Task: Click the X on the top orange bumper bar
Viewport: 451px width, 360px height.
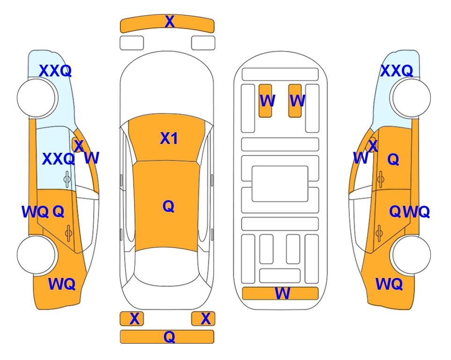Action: pos(170,22)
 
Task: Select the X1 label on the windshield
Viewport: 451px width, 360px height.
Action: pos(169,138)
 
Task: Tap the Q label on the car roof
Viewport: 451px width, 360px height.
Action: pos(169,206)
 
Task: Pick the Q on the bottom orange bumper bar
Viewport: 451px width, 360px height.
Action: pos(169,337)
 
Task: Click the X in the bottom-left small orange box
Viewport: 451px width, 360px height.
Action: pos(134,319)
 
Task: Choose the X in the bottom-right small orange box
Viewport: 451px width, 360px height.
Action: pos(206,319)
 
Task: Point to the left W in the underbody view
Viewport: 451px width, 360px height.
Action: pos(267,101)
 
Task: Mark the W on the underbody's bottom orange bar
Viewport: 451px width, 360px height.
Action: pos(282,293)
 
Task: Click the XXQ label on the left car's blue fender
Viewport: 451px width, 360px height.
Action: pos(55,71)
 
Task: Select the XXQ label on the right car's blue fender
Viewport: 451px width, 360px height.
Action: pos(397,71)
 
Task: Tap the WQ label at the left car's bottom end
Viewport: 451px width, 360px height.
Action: pos(62,284)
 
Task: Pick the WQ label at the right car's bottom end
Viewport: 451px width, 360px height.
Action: pos(389,284)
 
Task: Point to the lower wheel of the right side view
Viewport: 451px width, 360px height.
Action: pos(412,255)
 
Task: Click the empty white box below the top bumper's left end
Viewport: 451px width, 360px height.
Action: pos(132,43)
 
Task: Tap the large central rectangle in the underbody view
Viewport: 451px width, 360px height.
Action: pos(280,184)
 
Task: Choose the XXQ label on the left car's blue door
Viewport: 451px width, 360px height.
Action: pos(59,159)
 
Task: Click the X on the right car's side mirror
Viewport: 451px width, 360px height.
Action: pos(373,146)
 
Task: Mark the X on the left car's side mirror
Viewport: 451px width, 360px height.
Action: pos(79,146)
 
